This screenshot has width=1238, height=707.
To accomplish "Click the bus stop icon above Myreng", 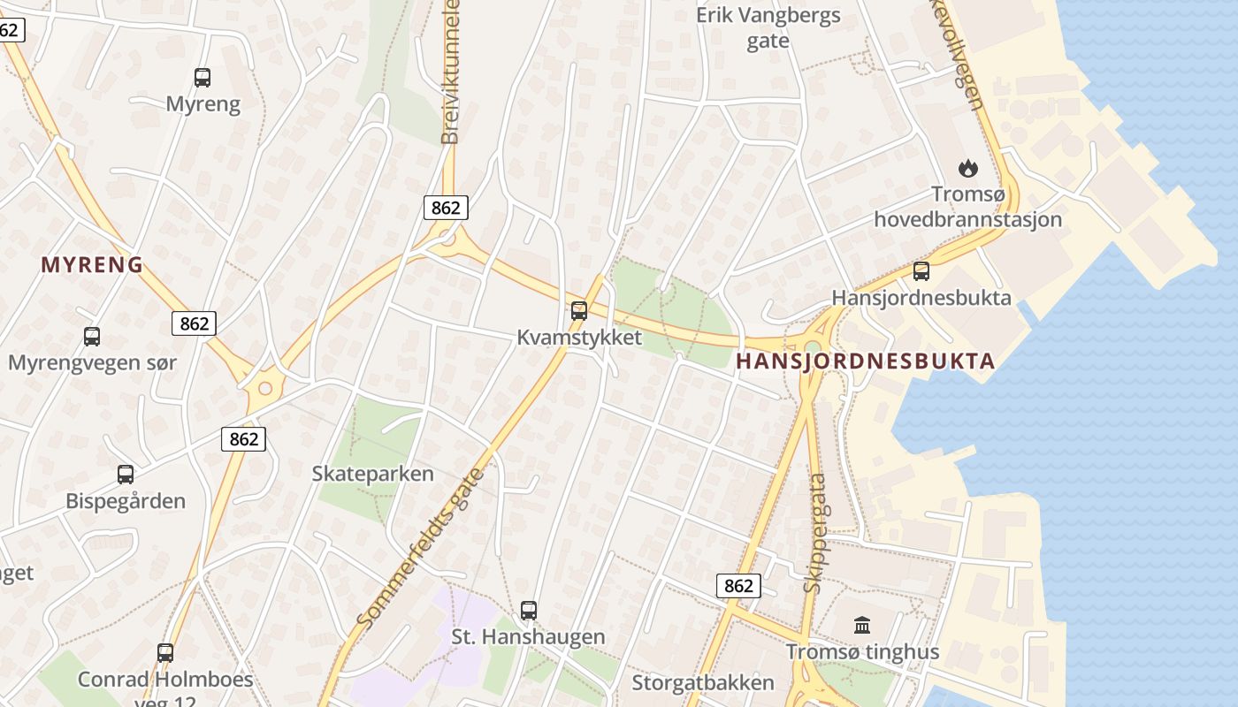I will pyautogui.click(x=203, y=78).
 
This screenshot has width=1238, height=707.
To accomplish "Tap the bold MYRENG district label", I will pyautogui.click(x=92, y=264).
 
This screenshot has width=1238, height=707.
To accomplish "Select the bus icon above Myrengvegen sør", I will pyautogui.click(x=92, y=337).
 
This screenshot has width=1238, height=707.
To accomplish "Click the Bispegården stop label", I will pyautogui.click(x=126, y=501).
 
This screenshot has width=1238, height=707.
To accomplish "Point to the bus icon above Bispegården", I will pyautogui.click(x=126, y=475).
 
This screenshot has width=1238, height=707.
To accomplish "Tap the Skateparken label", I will pyautogui.click(x=373, y=474).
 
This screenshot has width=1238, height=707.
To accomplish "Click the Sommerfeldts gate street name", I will pyautogui.click(x=422, y=549).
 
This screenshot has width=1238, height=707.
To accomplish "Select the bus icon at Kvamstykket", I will pyautogui.click(x=579, y=311).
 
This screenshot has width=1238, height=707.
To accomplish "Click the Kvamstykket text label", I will pyautogui.click(x=579, y=338).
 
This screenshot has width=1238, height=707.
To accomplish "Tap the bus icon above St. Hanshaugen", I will pyautogui.click(x=529, y=611).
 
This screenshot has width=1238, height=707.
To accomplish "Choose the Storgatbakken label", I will pyautogui.click(x=703, y=682).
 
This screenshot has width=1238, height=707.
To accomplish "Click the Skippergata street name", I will pyautogui.click(x=815, y=533).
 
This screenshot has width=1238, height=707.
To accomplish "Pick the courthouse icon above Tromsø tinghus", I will pyautogui.click(x=862, y=626).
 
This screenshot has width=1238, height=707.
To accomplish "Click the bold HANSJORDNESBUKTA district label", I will pyautogui.click(x=866, y=361).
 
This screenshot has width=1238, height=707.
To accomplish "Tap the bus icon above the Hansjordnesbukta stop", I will pyautogui.click(x=921, y=271).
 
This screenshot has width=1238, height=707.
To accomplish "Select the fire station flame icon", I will pyautogui.click(x=968, y=167).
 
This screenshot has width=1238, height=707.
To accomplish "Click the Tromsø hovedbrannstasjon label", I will pyautogui.click(x=968, y=207).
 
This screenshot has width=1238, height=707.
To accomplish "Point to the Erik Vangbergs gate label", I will pyautogui.click(x=768, y=28).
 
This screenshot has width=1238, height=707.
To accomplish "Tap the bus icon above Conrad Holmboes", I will pyautogui.click(x=165, y=653).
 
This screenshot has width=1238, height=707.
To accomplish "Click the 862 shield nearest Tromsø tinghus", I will pyautogui.click(x=737, y=586).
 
